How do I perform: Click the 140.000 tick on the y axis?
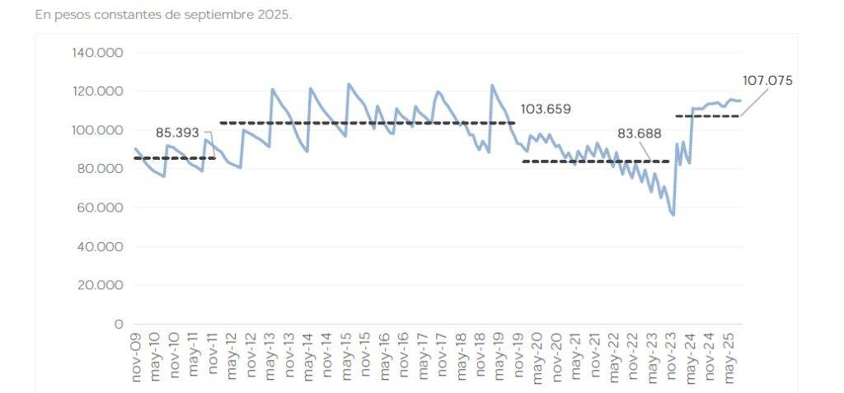pyautogui.click(x=97, y=53)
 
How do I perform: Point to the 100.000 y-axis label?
pyautogui.click(x=97, y=130)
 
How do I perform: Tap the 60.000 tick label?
pyautogui.click(x=100, y=208)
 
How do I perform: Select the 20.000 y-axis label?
pyautogui.click(x=100, y=285)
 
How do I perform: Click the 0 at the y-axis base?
pyautogui.click(x=118, y=324)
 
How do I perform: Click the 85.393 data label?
pyautogui.click(x=177, y=132)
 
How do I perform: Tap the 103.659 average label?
pyautogui.click(x=546, y=109)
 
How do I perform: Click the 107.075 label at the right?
pyautogui.click(x=767, y=81)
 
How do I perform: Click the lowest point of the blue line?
pyautogui.click(x=673, y=215)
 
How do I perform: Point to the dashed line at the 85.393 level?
pyautogui.click(x=174, y=158)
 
